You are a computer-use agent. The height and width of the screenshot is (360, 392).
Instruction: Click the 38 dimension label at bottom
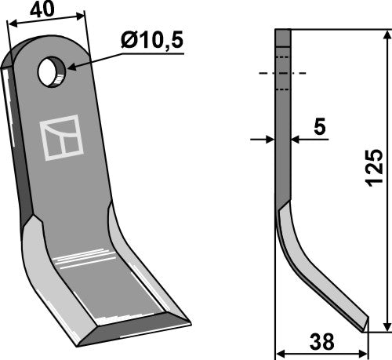point(321,342)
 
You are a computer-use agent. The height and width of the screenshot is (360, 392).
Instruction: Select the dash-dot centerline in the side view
point(282,73)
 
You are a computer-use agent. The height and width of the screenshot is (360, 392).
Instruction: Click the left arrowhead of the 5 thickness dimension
point(270,140)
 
